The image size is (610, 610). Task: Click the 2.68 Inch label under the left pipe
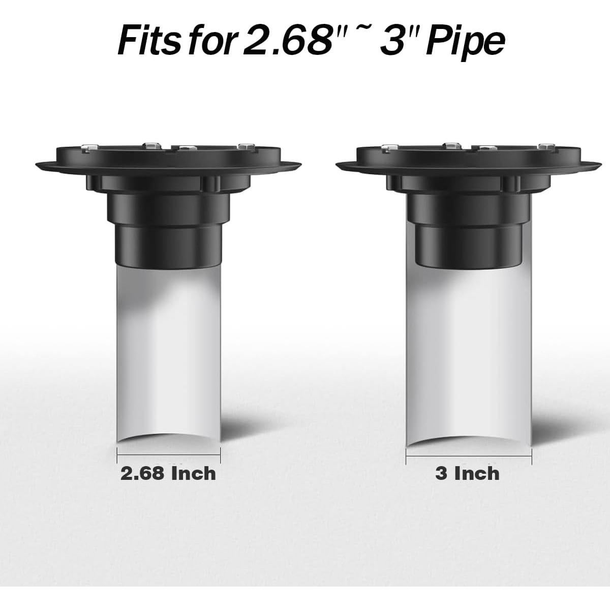168,474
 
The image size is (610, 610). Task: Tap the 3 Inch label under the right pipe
467,474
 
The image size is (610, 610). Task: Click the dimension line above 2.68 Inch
169,455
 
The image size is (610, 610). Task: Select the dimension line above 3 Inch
469,456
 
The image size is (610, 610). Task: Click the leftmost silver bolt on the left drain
90,147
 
